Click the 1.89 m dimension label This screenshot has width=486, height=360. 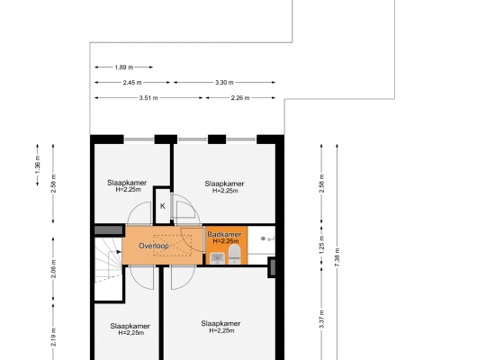(x=124, y=67)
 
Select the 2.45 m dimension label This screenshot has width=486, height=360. (x=132, y=83)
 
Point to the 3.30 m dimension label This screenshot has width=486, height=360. (x=224, y=83)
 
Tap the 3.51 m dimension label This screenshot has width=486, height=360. (x=148, y=98)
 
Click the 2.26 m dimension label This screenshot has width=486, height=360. (x=240, y=98)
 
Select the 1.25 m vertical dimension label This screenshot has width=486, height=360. (x=321, y=245)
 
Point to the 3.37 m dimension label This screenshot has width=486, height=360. (x=321, y=319)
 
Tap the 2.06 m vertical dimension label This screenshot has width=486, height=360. (x=53, y=268)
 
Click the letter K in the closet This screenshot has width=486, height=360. (x=163, y=206)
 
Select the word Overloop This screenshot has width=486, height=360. (x=154, y=246)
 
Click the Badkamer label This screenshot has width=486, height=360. (x=224, y=234)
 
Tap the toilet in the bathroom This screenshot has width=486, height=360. (x=235, y=255)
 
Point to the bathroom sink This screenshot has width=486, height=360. (x=217, y=258)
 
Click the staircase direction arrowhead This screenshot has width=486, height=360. (x=119, y=252)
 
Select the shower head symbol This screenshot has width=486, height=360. (x=263, y=238)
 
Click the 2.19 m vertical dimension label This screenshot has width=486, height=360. (x=53, y=337)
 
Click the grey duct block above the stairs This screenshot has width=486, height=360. (x=108, y=230)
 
